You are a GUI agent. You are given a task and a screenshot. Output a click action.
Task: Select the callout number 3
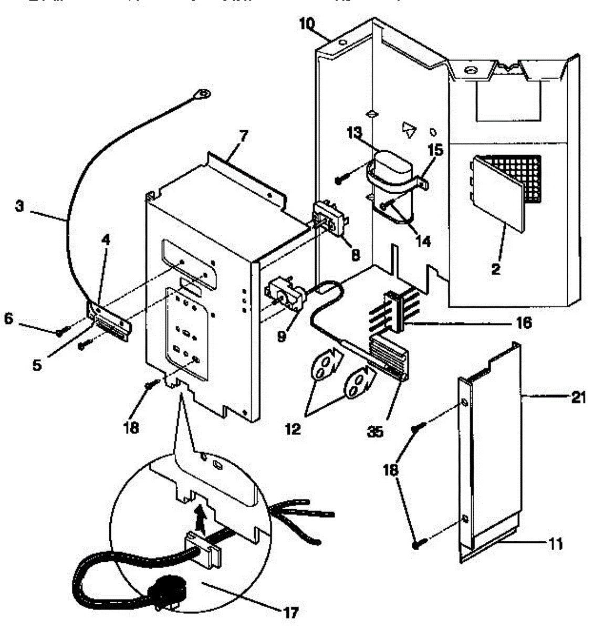pos(19,206)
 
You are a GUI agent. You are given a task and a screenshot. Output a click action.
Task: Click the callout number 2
pos(495,270)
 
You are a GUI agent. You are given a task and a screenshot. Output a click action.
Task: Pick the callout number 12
pos(293,429)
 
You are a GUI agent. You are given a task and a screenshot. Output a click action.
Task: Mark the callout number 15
pos(435,151)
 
